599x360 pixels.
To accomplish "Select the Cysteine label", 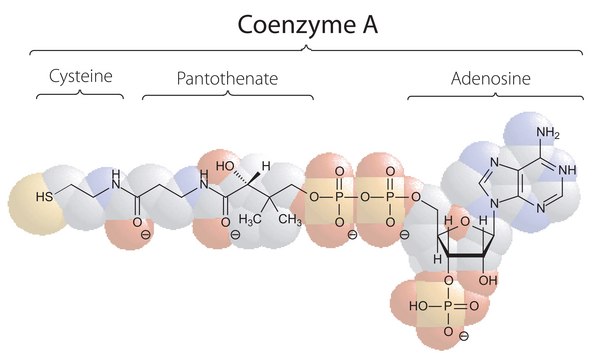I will (80, 76).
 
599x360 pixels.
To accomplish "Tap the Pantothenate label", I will (227, 76).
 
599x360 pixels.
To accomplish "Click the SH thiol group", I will (45, 196).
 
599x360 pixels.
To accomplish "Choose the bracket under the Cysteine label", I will (80, 94).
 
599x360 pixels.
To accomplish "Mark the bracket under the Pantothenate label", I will (228, 94).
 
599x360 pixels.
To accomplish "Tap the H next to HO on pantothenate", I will (265, 166).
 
